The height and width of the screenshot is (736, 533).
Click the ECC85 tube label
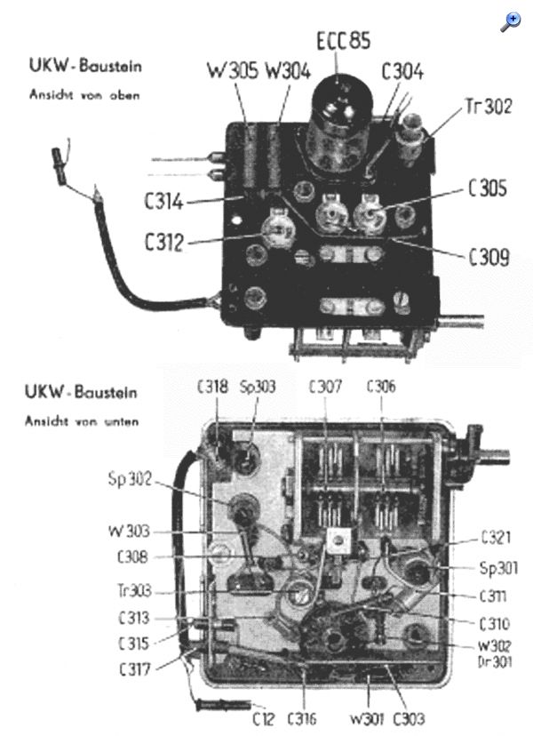tap(344, 40)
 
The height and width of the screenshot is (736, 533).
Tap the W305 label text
tap(233, 71)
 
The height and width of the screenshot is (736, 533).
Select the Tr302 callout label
tap(489, 106)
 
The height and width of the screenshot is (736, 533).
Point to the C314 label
tap(163, 202)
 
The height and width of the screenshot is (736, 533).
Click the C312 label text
tap(163, 242)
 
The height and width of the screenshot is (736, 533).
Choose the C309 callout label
tap(489, 257)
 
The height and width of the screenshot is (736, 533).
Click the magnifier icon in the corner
tap(510, 22)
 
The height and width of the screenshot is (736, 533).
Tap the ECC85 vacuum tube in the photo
tap(342, 124)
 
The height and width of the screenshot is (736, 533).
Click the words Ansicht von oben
tap(84, 95)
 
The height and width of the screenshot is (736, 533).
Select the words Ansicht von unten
tap(82, 421)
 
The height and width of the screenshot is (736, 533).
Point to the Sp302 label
tap(130, 479)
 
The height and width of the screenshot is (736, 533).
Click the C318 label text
tap(212, 387)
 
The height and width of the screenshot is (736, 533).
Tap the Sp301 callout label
tap(498, 568)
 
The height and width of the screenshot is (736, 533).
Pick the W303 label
tap(129, 532)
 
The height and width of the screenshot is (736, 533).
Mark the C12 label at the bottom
tap(263, 718)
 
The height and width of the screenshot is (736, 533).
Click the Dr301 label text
tap(495, 662)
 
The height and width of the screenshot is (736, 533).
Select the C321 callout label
tap(496, 538)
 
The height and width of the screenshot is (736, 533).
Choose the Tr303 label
tap(135, 590)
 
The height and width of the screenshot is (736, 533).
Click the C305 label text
tap(488, 188)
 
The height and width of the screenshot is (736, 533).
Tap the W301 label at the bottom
tap(367, 718)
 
